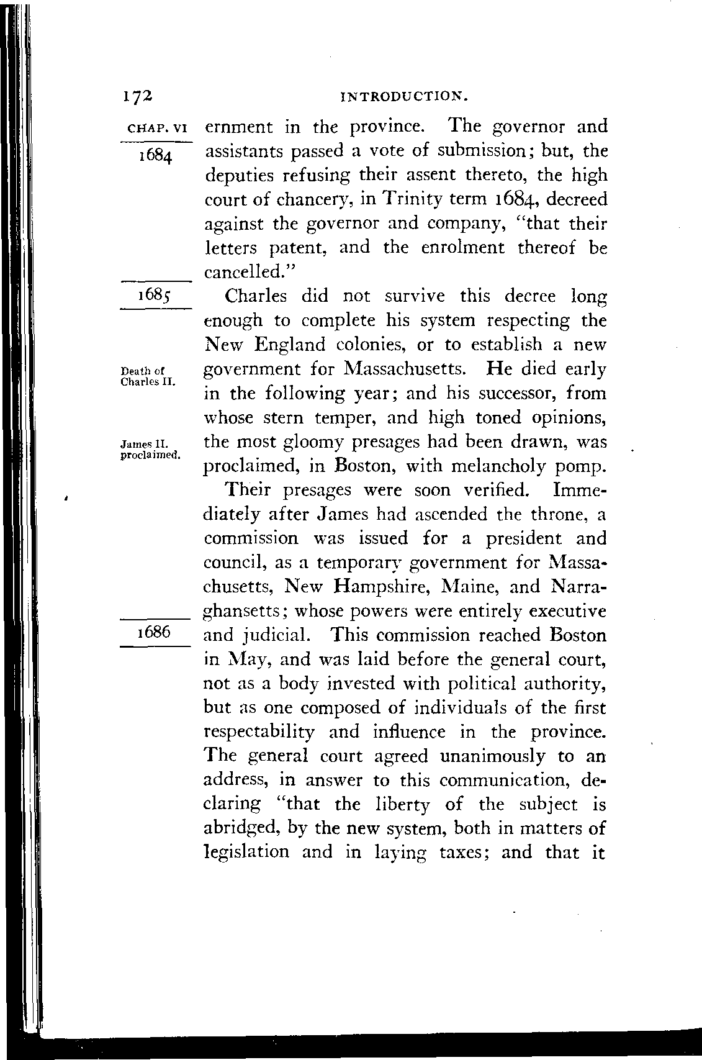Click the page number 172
click(x=137, y=96)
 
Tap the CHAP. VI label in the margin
click(x=155, y=129)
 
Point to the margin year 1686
click(x=154, y=632)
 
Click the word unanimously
click(x=495, y=756)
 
